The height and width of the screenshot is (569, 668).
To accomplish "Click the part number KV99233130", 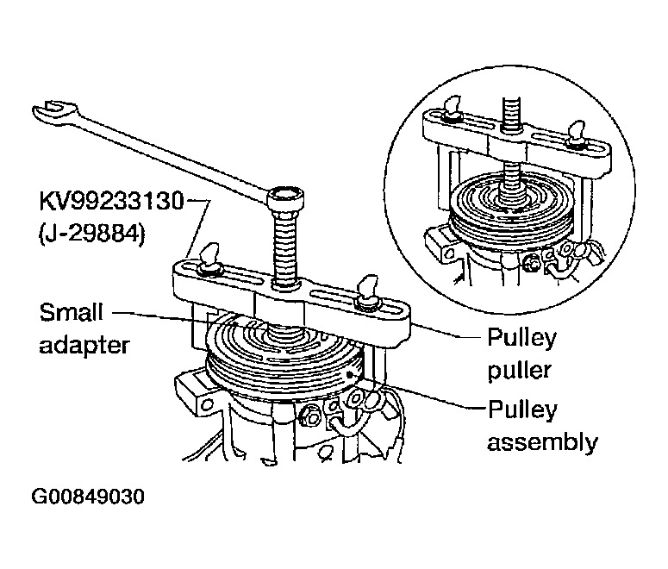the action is click(x=111, y=201).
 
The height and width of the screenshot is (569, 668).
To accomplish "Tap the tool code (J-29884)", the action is click(x=92, y=234).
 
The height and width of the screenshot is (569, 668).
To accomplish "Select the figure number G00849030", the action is click(x=88, y=497).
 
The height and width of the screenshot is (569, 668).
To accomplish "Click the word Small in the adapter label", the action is click(x=72, y=312).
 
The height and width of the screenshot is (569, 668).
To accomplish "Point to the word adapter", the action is click(x=84, y=345).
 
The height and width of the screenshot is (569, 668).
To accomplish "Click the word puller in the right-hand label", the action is click(x=520, y=370).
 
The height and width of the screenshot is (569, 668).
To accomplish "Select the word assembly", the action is click(x=542, y=442).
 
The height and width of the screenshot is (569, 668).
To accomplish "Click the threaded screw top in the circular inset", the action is click(x=511, y=112).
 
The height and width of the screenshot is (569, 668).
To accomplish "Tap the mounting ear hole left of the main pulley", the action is click(x=208, y=403).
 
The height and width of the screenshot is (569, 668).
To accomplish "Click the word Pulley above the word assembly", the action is click(x=522, y=410).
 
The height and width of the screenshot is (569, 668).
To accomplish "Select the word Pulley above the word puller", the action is click(x=521, y=338).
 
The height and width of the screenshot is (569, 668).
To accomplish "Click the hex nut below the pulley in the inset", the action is click(x=531, y=263).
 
